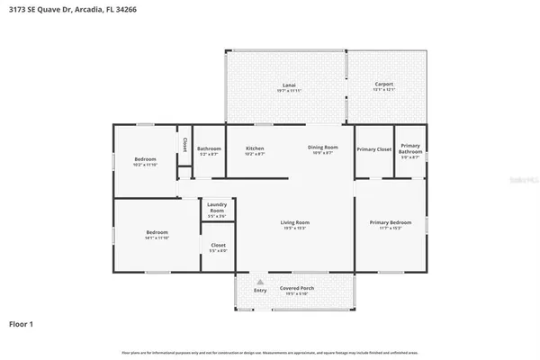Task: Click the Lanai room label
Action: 284,85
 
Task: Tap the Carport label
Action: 383,85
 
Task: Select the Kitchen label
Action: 256,148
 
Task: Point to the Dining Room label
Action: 322,148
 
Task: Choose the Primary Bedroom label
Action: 390,222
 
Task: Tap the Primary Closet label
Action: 373,148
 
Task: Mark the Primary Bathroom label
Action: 410,148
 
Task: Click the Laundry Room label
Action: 217,206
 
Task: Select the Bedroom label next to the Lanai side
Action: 145,158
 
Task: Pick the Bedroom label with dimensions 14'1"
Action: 157,232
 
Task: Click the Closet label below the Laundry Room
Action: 218,245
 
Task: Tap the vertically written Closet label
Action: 184,144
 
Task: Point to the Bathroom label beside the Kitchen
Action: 209,148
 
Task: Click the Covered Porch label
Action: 296,289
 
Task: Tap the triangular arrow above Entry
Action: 260,282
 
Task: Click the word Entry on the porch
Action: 260,290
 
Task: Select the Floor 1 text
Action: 22,323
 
